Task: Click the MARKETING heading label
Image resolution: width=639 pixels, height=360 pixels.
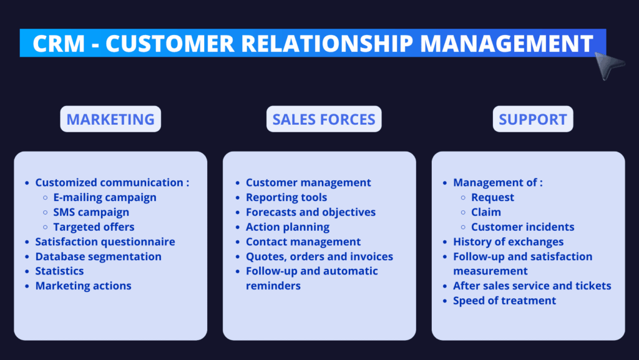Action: pyautogui.click(x=110, y=119)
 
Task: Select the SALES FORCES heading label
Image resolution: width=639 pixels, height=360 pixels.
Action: pyautogui.click(x=324, y=119)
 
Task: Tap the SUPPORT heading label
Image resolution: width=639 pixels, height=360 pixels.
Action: pyautogui.click(x=533, y=119)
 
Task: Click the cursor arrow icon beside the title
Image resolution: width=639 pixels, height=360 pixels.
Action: pyautogui.click(x=608, y=65)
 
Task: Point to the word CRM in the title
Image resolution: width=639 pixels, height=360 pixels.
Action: pyautogui.click(x=59, y=43)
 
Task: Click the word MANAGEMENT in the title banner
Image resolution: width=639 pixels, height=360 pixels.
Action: pyautogui.click(x=507, y=43)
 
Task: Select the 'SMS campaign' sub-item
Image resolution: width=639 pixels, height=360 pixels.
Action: pyautogui.click(x=91, y=212)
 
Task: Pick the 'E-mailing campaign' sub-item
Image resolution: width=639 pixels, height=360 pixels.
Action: pyautogui.click(x=105, y=198)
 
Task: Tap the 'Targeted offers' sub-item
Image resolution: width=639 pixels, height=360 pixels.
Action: pyautogui.click(x=94, y=227)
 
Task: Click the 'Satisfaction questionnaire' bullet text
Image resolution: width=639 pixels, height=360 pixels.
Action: pyautogui.click(x=105, y=241)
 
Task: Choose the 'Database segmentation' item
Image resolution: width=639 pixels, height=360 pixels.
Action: pyautogui.click(x=98, y=256)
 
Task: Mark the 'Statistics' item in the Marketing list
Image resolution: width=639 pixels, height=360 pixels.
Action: pyautogui.click(x=59, y=271)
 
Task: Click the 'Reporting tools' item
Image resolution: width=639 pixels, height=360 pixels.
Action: pyautogui.click(x=286, y=198)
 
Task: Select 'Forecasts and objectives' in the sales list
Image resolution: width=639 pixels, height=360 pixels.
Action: pyautogui.click(x=311, y=212)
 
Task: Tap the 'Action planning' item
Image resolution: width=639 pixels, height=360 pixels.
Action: pyautogui.click(x=288, y=227)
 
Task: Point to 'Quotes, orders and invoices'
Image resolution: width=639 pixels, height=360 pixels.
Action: pyautogui.click(x=319, y=256)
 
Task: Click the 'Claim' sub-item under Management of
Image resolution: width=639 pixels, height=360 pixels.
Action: pyautogui.click(x=486, y=212)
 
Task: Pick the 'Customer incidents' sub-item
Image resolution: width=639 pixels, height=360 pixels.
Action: pyautogui.click(x=523, y=227)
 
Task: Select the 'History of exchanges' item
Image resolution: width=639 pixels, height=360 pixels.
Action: pyautogui.click(x=508, y=241)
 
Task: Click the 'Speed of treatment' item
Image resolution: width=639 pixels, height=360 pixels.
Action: pyautogui.click(x=504, y=301)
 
